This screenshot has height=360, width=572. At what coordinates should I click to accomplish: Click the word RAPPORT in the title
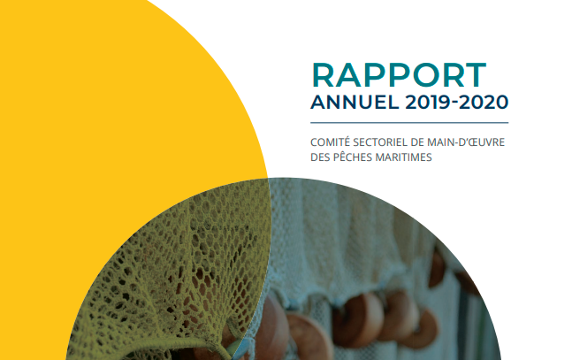(399, 73)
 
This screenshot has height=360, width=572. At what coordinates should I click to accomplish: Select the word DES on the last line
(321, 157)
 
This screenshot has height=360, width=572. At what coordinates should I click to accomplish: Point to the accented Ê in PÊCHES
(344, 157)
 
